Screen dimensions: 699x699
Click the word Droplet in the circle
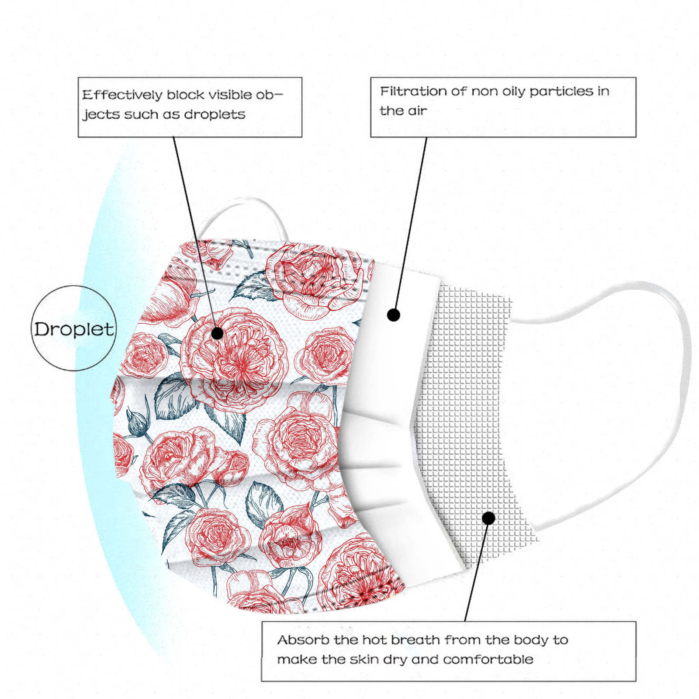click(74, 329)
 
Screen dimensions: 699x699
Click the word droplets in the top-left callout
click(215, 114)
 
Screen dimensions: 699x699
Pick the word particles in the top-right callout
click(558, 91)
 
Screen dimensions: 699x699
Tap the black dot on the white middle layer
click(394, 315)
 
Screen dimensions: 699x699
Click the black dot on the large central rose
click(217, 334)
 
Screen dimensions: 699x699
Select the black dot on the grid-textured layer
click(489, 518)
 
